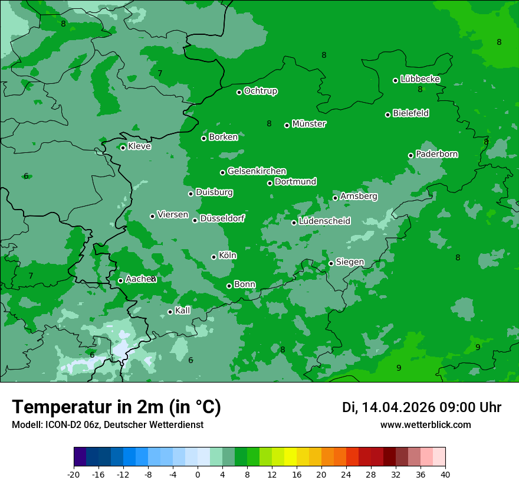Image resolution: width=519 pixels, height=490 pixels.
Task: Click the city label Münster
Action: coord(309,124)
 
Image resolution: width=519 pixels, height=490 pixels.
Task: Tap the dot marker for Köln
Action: coord(213,257)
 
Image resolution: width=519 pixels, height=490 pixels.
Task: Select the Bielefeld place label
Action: coord(410,113)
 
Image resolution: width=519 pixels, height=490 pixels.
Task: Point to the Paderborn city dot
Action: coord(410,155)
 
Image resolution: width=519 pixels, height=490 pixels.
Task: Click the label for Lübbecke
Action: coord(420,79)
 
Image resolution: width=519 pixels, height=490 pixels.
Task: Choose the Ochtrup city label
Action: coord(261,91)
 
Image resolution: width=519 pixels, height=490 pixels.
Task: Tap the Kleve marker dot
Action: coord(123,148)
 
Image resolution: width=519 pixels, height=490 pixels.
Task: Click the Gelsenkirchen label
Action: coord(257,171)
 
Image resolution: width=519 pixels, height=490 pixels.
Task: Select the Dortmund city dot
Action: coord(270,183)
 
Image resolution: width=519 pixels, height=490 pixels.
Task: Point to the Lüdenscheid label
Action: coord(324,221)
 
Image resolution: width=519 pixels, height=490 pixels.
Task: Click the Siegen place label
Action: coord(350,262)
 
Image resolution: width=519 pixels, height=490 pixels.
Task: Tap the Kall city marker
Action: coord(170,312)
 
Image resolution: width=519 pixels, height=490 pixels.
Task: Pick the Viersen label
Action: coord(173,215)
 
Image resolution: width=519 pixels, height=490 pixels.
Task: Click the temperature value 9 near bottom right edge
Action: coord(478,347)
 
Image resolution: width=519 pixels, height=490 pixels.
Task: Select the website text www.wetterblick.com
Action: coord(425,425)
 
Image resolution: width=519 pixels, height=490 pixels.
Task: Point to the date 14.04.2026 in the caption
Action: coord(398,407)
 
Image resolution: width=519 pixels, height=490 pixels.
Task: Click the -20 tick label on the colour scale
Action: coord(74,475)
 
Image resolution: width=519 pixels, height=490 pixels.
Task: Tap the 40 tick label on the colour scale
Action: coord(445,475)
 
